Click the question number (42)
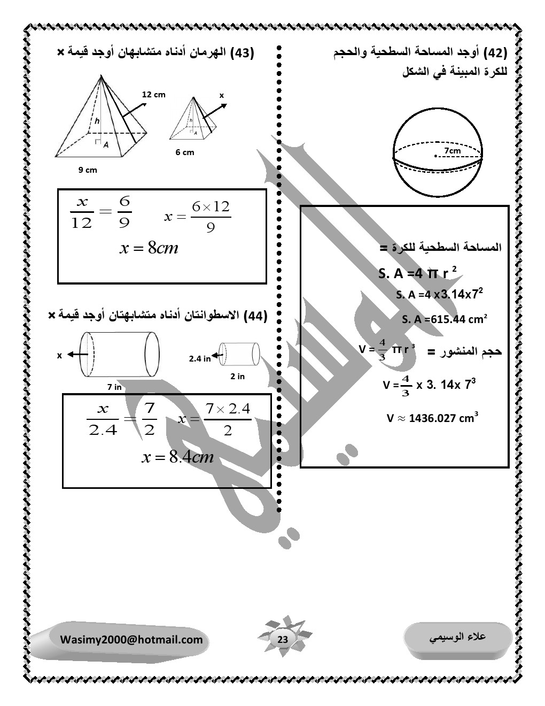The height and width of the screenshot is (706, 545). click(x=495, y=53)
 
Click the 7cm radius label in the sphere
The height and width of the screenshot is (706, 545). click(x=452, y=151)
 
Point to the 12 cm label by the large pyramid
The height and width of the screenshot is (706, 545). click(x=153, y=95)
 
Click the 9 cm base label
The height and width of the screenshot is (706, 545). click(x=88, y=170)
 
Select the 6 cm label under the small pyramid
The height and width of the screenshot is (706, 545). click(x=185, y=152)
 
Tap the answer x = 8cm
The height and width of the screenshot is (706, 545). click(x=149, y=248)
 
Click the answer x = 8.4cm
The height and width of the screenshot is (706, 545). click(x=177, y=457)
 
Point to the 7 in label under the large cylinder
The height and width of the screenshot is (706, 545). click(x=114, y=387)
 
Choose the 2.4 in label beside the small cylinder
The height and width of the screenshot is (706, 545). click(x=200, y=358)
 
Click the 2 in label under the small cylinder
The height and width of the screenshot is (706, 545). click(x=237, y=377)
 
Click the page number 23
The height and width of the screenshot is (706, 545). click(x=283, y=640)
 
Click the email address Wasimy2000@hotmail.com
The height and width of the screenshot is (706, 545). click(x=131, y=640)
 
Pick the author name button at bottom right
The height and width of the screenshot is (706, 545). click(x=458, y=637)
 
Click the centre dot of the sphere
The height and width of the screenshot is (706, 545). click(x=435, y=156)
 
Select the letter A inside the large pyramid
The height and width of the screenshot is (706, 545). click(x=106, y=144)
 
